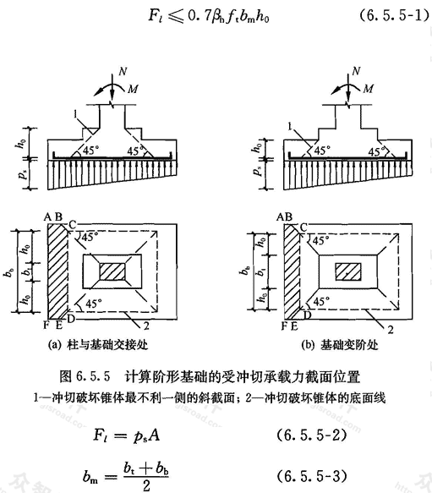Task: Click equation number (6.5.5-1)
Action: point(394,15)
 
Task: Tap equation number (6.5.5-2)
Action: point(311,435)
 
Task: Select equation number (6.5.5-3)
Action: point(311,476)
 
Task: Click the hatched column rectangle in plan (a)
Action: point(112,271)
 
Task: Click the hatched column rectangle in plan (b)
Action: point(348,271)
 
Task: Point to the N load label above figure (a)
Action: point(123,72)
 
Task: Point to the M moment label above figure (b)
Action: point(369,89)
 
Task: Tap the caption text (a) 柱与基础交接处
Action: point(98,345)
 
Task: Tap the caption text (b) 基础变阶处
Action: point(340,345)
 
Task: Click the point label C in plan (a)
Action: point(73,224)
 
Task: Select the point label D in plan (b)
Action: point(307,314)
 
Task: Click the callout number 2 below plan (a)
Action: point(146,326)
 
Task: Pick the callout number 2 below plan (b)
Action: point(391,330)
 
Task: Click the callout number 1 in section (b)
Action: point(290,126)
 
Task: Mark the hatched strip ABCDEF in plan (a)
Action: point(57,271)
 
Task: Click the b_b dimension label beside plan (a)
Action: point(9,272)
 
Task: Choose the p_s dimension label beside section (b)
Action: point(258,172)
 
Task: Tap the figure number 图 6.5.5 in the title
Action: point(85,376)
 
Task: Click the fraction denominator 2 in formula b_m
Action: point(146,485)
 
